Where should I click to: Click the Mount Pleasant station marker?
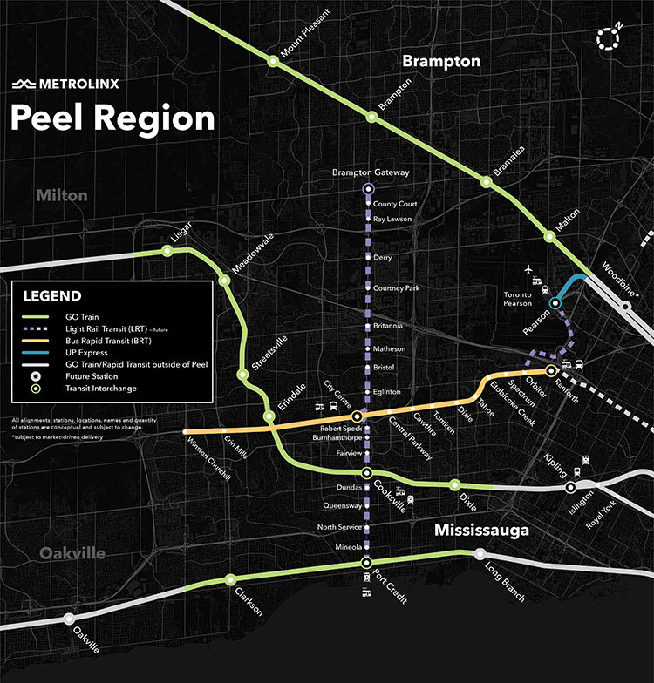coord(273,61)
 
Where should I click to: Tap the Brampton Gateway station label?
coord(370,173)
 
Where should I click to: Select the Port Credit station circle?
coord(367,562)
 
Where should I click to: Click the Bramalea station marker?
coord(486,181)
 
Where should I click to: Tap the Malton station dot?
coord(549,236)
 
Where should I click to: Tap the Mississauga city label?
coord(481,531)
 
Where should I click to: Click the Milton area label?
coord(61,195)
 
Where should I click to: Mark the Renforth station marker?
coord(551,371)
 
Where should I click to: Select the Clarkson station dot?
coord(230,579)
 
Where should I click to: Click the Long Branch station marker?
coord(479,554)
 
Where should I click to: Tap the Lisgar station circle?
coord(167,251)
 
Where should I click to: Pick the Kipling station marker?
coord(570,488)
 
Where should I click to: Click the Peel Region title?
coord(112,118)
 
